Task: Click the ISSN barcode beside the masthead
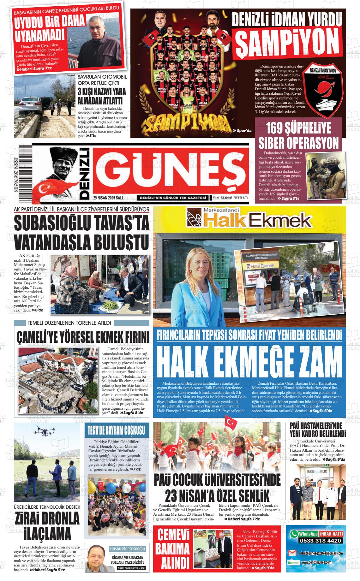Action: (x=23, y=173)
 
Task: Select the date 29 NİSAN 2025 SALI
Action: (x=108, y=198)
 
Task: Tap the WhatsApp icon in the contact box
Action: (x=294, y=534)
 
